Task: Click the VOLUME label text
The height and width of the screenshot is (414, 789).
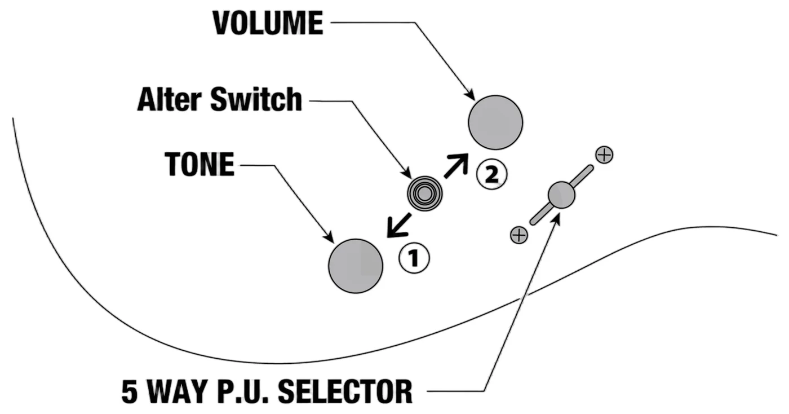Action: [x=268, y=23]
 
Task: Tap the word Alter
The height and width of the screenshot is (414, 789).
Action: [x=170, y=99]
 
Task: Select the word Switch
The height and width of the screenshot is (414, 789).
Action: [x=256, y=99]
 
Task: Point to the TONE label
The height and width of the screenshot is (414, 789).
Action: [x=200, y=164]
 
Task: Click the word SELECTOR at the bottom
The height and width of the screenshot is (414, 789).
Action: [x=345, y=391]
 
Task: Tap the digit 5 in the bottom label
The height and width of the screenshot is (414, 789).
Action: [x=129, y=391]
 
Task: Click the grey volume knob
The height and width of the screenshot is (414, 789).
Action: [x=495, y=122]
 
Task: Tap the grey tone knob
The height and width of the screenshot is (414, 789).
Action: [x=356, y=266]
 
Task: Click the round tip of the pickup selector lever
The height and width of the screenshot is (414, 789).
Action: [x=561, y=195]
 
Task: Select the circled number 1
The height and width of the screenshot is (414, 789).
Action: [x=414, y=258]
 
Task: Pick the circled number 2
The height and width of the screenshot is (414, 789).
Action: [x=491, y=174]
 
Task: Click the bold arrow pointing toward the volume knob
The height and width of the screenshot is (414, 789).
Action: [x=456, y=166]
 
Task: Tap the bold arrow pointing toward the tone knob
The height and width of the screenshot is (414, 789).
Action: [x=399, y=226]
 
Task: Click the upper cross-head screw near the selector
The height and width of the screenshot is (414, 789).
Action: [x=604, y=155]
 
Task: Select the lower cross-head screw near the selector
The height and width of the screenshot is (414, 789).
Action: [x=519, y=235]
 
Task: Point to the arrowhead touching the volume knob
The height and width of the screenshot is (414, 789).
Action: [x=470, y=95]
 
